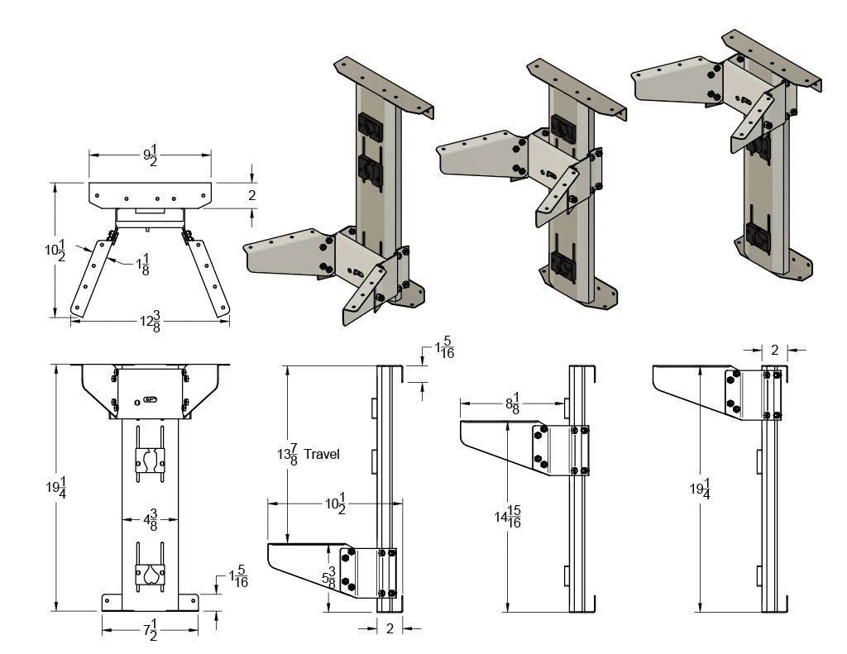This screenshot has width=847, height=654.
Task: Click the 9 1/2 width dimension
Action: [150, 155]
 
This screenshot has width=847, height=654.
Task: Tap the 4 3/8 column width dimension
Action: [150, 521]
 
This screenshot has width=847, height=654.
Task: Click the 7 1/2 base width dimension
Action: [150, 633]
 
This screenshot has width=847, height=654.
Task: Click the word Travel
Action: [322, 454]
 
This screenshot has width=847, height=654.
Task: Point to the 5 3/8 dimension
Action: [331, 577]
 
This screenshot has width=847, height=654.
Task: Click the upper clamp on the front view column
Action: [150, 461]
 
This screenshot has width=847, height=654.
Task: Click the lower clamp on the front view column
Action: [150, 576]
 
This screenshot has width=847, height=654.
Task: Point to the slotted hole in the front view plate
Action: [151, 399]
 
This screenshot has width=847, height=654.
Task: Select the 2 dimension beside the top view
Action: [252, 195]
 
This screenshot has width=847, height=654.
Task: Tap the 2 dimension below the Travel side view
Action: [390, 628]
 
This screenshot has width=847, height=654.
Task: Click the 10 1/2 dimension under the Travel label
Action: [334, 502]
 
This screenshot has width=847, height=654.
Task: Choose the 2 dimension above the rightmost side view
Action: [774, 350]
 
